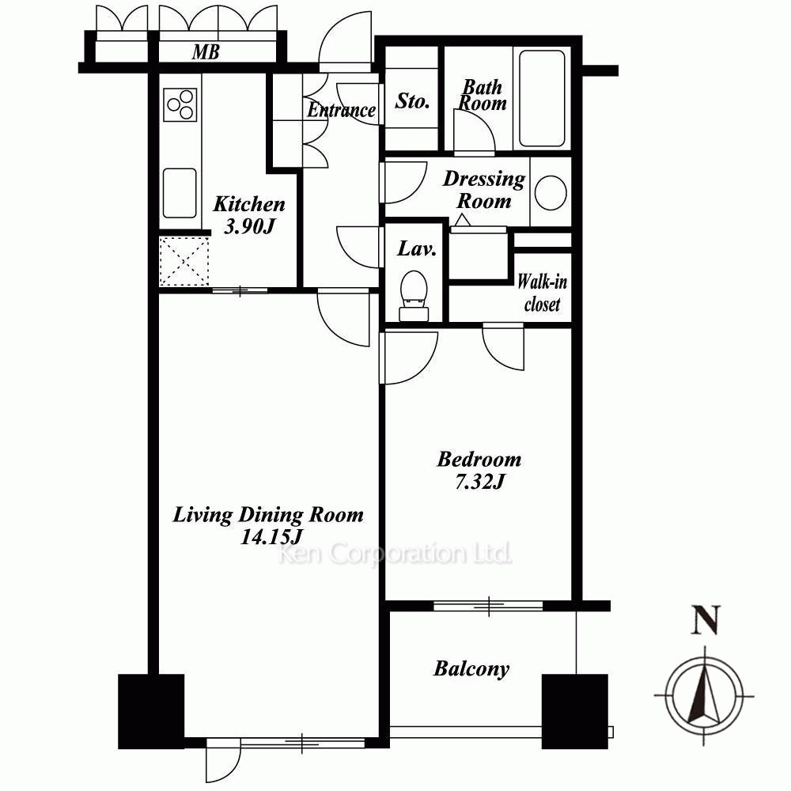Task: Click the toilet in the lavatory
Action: click(x=414, y=296)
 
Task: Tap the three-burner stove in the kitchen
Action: click(x=180, y=104)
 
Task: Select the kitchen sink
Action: click(x=180, y=193)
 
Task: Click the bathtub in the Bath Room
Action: click(x=542, y=98)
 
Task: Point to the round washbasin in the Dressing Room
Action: click(x=551, y=192)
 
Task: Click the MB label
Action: click(x=206, y=52)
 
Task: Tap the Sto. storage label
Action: click(x=412, y=101)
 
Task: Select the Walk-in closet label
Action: click(x=543, y=293)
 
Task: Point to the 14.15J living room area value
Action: click(x=271, y=537)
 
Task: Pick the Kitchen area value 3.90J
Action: click(x=248, y=226)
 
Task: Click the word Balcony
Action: click(x=471, y=669)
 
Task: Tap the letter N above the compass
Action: click(x=706, y=620)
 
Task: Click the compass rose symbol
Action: click(x=704, y=695)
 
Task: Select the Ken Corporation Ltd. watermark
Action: click(x=395, y=554)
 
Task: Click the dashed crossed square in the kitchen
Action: click(x=184, y=261)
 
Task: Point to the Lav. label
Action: click(x=417, y=248)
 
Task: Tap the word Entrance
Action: click(x=342, y=109)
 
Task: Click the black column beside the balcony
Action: click(x=574, y=712)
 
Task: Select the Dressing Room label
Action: click(x=484, y=190)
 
